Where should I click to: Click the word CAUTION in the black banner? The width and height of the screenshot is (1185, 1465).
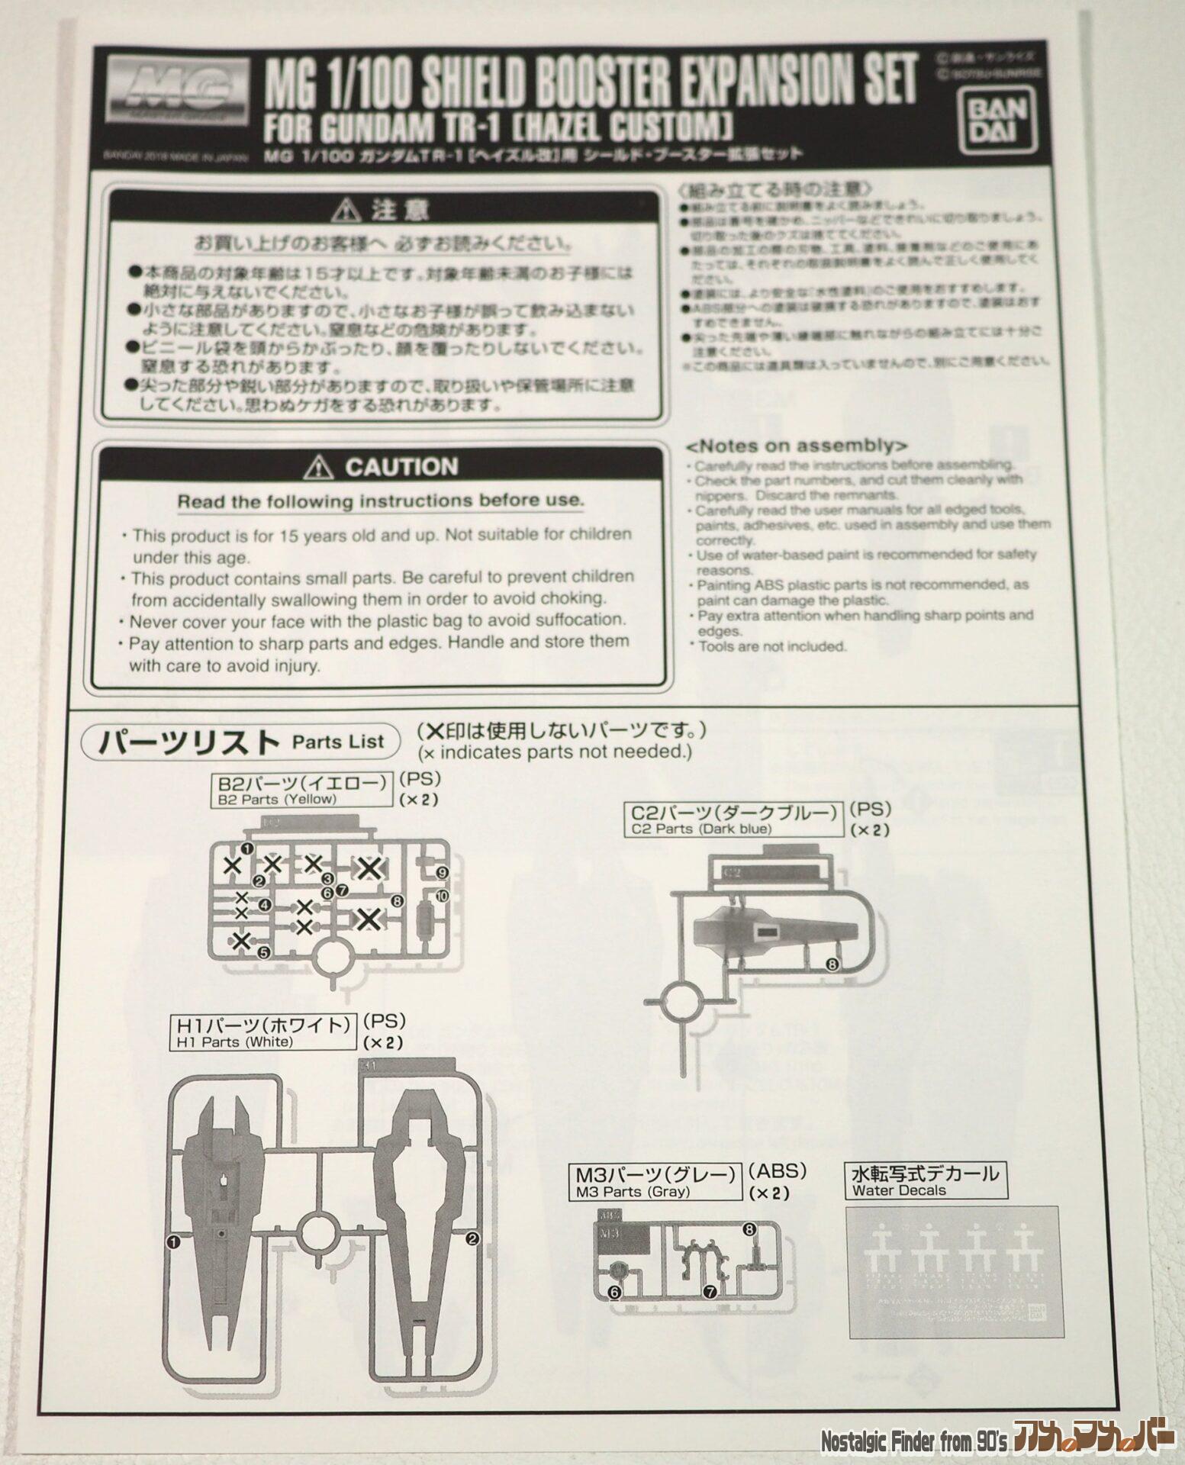click(401, 467)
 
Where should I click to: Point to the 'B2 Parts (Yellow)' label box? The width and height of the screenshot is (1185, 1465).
click(301, 791)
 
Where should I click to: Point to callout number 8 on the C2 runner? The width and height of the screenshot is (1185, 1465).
click(832, 964)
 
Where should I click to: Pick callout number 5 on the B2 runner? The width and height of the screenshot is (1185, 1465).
click(263, 952)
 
